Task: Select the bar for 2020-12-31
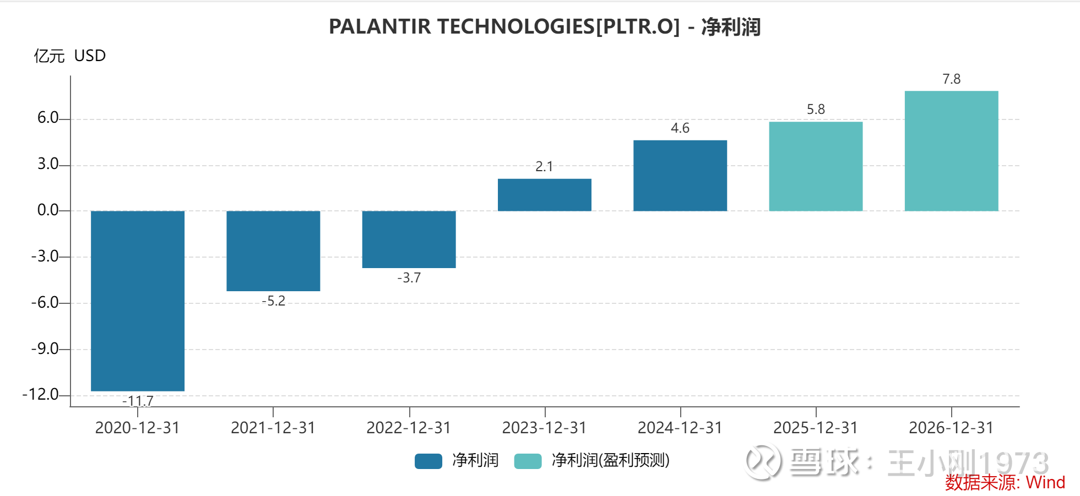point(138,301)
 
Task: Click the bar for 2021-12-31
point(273,251)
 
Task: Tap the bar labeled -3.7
point(409,239)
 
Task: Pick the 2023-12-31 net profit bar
point(544,195)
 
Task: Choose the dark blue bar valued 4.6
point(680,176)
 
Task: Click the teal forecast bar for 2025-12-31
point(816,166)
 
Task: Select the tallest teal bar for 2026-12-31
point(951,151)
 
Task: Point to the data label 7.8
point(951,79)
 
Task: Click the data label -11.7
point(138,401)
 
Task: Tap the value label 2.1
point(544,166)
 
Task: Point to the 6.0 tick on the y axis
point(48,118)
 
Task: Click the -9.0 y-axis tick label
point(45,349)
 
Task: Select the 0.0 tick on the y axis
point(48,210)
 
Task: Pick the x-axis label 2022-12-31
point(409,428)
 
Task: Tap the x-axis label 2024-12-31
point(680,428)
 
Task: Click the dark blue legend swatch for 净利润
point(428,461)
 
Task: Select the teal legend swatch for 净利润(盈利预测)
point(528,461)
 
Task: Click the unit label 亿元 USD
point(70,56)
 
